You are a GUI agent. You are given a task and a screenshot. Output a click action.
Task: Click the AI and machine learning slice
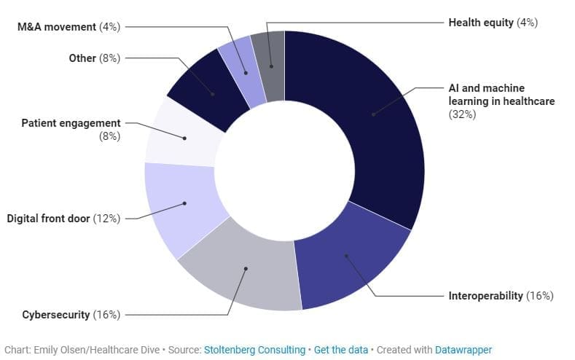pyautogui.click(x=381, y=121)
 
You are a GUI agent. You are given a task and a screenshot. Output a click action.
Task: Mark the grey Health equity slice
pyautogui.click(x=270, y=66)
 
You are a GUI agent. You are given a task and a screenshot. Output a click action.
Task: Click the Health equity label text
pyautogui.click(x=481, y=23)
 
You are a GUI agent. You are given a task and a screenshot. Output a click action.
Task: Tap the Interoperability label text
pyautogui.click(x=485, y=295)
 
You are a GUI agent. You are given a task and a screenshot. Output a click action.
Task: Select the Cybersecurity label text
pyautogui.click(x=55, y=315)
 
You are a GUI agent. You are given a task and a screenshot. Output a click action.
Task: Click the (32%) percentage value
pyautogui.click(x=462, y=114)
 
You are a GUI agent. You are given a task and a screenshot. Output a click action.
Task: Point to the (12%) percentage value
pyautogui.click(x=106, y=219)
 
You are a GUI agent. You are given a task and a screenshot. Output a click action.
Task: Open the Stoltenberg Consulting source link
pyautogui.click(x=254, y=350)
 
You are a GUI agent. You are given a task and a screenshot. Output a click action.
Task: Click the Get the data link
pyautogui.click(x=340, y=350)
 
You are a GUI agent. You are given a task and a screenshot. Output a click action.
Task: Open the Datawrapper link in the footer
pyautogui.click(x=463, y=350)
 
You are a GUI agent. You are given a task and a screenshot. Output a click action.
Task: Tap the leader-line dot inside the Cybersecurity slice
pyautogui.click(x=246, y=269)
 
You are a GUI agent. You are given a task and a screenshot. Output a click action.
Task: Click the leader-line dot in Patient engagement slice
pyautogui.click(x=184, y=138)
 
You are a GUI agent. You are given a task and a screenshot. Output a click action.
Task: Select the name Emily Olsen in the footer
pyautogui.click(x=59, y=350)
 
